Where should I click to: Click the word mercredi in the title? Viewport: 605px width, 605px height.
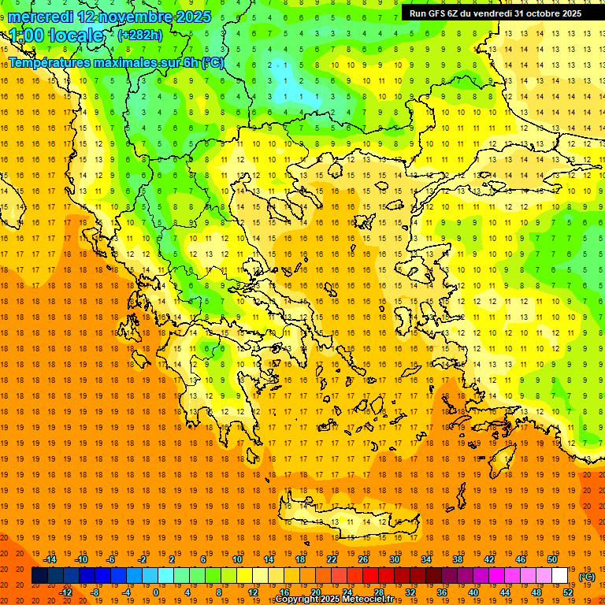[41, 17]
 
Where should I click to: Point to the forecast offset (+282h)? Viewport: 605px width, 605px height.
[140, 35]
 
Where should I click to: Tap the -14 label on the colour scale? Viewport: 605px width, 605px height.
[50, 559]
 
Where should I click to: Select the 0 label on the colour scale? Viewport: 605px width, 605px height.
[155, 592]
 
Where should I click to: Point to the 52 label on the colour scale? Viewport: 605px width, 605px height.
[568, 592]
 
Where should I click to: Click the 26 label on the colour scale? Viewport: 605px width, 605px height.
[363, 559]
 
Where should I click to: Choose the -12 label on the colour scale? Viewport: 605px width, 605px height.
[65, 592]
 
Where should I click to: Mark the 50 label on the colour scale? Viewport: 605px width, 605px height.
[551, 559]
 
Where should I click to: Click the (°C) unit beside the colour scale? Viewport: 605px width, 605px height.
[586, 577]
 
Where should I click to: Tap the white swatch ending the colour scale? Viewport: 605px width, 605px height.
[559, 576]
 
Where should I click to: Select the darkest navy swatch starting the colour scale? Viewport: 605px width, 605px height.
[39, 576]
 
